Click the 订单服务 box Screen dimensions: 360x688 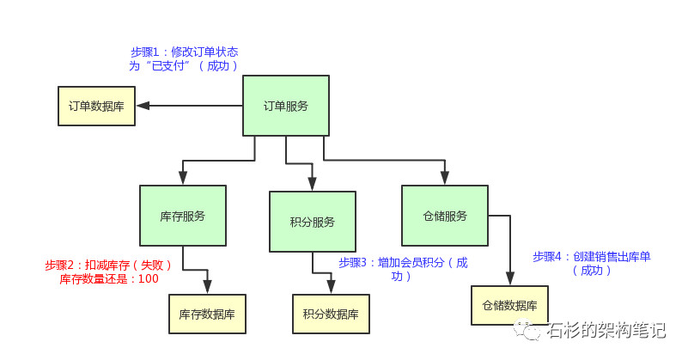point(286,106)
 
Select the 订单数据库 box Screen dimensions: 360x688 point(96,107)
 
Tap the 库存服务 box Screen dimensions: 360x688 point(183,217)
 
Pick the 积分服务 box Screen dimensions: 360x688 point(313,222)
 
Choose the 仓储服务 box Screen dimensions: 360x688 point(445,216)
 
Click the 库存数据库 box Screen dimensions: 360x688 point(207,314)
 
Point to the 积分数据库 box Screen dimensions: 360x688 point(331,314)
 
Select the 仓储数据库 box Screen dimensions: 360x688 point(509,305)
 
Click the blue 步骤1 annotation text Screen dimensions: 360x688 point(184,58)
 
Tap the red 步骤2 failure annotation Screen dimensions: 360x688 point(109,272)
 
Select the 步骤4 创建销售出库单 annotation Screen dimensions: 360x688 point(591,263)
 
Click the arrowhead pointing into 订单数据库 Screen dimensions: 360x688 point(143,106)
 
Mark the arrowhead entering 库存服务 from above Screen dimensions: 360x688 point(183,178)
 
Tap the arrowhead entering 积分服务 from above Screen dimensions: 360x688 point(312,184)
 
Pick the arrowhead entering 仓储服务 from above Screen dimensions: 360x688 point(445,178)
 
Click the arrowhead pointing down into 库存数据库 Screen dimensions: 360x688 point(207,287)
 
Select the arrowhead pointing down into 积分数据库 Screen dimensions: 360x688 point(331,287)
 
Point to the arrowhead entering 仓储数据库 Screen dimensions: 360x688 point(509,278)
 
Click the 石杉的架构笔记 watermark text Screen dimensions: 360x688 point(607,330)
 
